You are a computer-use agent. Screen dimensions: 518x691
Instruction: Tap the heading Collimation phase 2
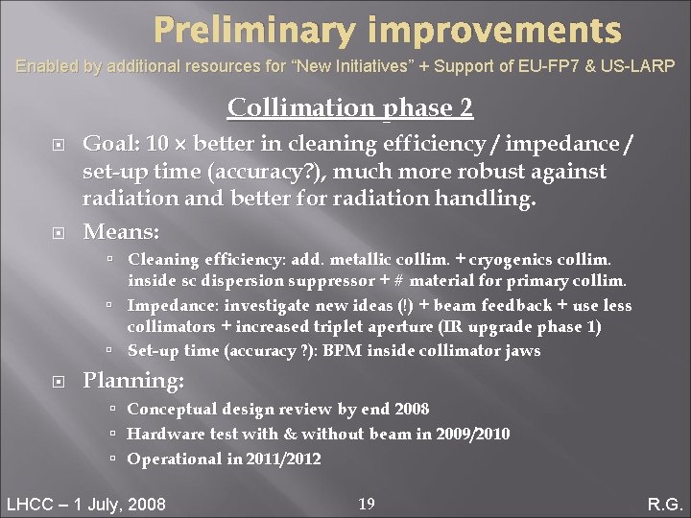click(x=350, y=107)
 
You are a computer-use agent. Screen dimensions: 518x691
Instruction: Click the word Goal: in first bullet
click(x=110, y=144)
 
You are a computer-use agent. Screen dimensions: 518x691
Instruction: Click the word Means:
click(x=121, y=231)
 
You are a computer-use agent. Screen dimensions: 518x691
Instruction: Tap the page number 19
click(x=366, y=503)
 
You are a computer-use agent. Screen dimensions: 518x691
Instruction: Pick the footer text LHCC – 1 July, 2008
click(x=86, y=504)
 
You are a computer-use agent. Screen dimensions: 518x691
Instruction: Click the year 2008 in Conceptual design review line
click(x=411, y=409)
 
